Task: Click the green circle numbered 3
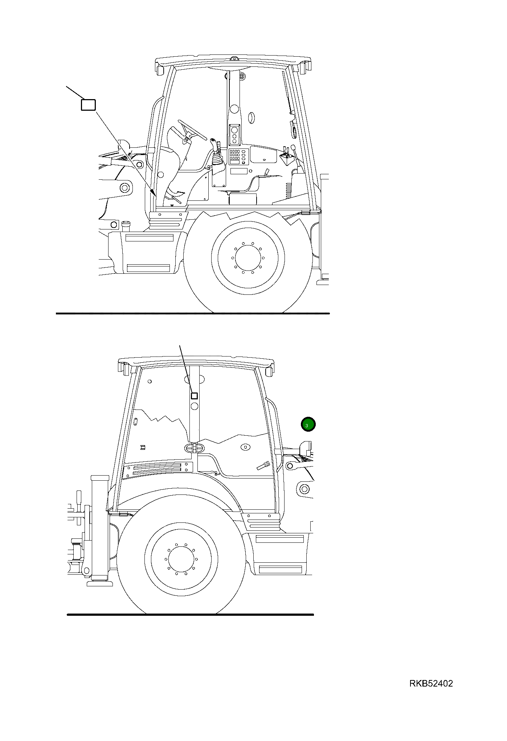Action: (x=308, y=424)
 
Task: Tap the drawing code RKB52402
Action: (x=431, y=684)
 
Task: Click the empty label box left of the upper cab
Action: (x=88, y=105)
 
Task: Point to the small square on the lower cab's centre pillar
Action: (x=194, y=396)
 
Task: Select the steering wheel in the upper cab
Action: (x=192, y=130)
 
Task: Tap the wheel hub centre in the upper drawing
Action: (x=248, y=257)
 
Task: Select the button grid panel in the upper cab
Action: (x=234, y=155)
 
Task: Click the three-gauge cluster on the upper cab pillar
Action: (x=234, y=135)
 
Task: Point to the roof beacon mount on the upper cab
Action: (x=233, y=58)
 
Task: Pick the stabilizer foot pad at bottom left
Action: (x=99, y=583)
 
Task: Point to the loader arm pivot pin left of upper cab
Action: (x=125, y=188)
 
